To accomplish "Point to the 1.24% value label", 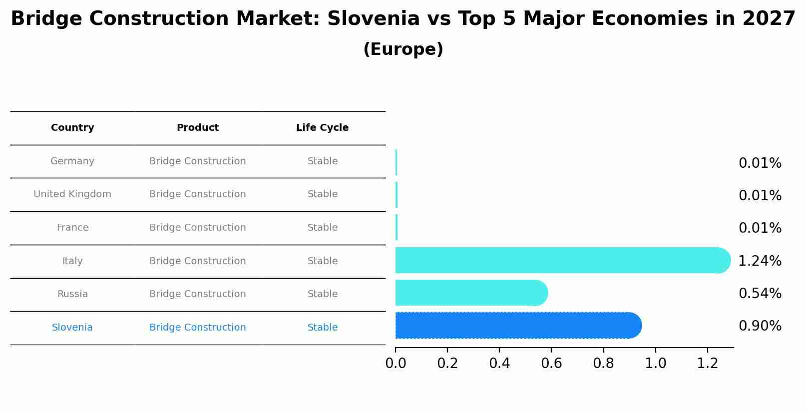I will coord(760,261).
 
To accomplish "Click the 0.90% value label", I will coord(760,326).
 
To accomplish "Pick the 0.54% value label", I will coord(760,294).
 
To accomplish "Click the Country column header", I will coord(72,128).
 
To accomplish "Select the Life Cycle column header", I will coord(322,128).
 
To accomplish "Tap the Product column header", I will coord(197,128).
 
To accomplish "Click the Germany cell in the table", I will coord(72,161).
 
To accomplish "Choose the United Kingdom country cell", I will coord(72,194).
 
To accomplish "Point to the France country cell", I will coord(72,228).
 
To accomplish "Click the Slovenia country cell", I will coord(72,328).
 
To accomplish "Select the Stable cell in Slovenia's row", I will coord(322,328).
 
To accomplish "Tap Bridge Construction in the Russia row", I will coord(197,294).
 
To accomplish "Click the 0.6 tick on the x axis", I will coord(551,364).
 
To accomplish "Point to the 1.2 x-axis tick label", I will coord(707,364).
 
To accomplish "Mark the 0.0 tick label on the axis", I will coord(396,364).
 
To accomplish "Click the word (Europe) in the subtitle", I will coord(403,49).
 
